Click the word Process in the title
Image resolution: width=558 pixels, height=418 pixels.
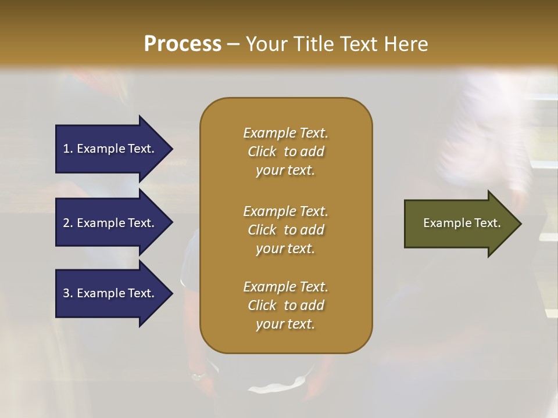(x=183, y=44)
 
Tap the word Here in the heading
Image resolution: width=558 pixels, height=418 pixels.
(x=406, y=44)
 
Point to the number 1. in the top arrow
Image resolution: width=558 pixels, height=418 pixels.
(x=68, y=149)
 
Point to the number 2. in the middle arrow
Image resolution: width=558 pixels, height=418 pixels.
(x=68, y=223)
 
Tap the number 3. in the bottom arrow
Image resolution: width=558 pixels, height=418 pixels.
(x=68, y=293)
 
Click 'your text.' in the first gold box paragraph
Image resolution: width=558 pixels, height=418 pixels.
(x=285, y=171)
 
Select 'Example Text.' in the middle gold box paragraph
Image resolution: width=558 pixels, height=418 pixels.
(x=285, y=211)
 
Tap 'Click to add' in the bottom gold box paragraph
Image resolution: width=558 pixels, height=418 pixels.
(x=285, y=305)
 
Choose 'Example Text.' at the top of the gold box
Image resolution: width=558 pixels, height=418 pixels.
(x=285, y=133)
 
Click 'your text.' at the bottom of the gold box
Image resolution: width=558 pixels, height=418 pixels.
(x=285, y=325)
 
